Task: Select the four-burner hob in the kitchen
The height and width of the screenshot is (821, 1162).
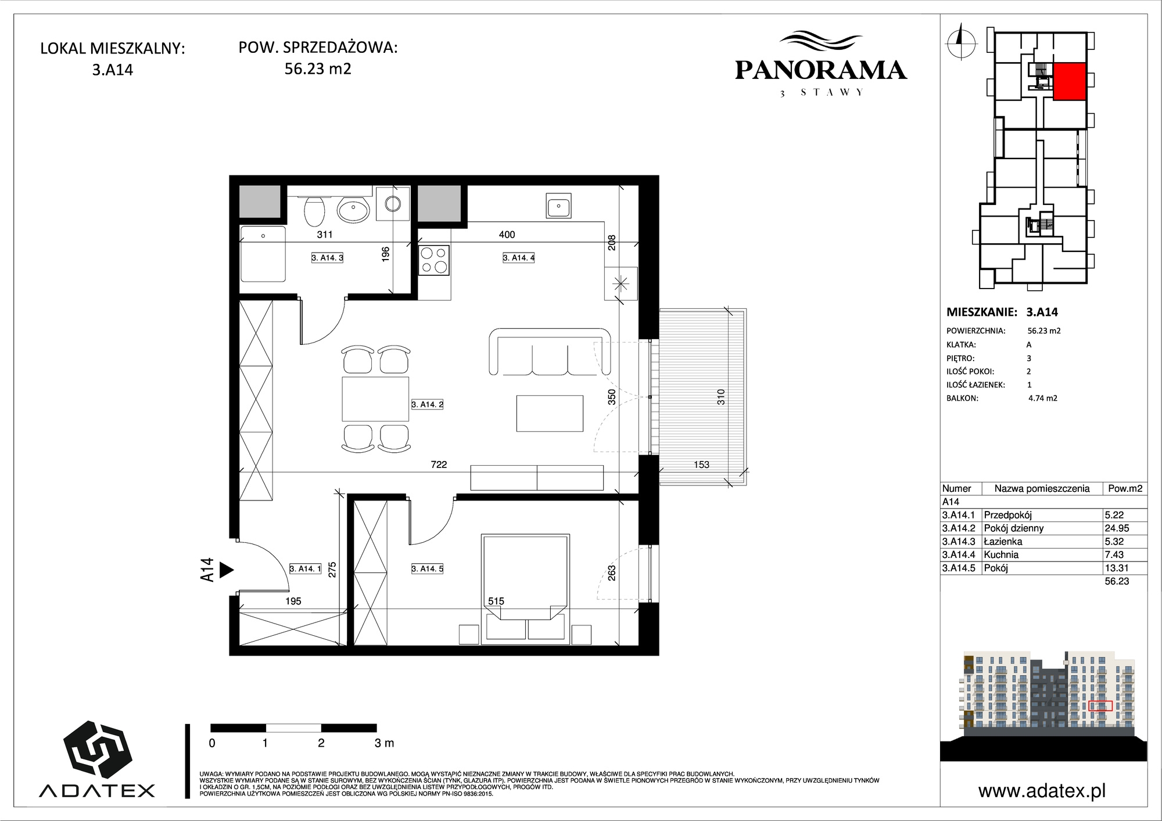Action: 434,260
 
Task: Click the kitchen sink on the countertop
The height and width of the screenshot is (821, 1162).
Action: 558,206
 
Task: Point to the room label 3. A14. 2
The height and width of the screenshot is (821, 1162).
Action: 427,404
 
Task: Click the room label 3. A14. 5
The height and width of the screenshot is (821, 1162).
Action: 427,568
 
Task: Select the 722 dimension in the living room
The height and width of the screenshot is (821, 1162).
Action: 439,464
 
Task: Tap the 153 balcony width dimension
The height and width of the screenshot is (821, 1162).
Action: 701,464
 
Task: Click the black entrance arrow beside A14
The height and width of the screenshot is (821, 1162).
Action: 227,570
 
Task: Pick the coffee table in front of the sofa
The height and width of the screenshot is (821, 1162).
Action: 550,413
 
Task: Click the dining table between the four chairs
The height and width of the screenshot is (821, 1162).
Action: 375,399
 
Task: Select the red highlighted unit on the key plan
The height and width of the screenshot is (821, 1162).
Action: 1070,81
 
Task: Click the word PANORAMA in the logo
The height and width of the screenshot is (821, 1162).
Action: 820,70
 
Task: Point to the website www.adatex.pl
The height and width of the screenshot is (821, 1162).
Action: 1042,791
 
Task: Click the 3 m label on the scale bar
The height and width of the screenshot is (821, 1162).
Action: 385,743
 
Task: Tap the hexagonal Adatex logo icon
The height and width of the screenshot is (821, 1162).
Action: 97,749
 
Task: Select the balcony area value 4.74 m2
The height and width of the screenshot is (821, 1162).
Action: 1043,398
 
